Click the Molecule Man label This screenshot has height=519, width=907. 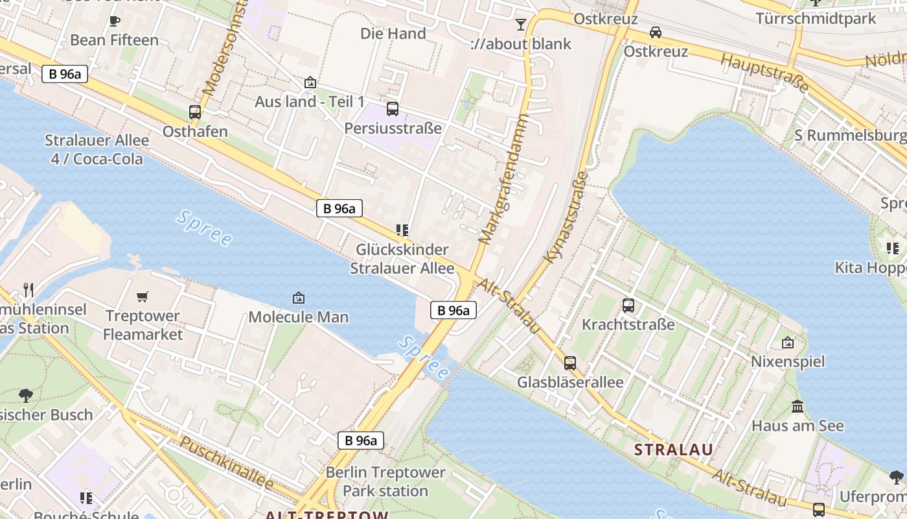point(299,317)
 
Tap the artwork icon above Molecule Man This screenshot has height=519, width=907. point(299,298)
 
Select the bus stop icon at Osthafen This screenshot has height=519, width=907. point(195,112)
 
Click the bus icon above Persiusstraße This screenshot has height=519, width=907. point(393,108)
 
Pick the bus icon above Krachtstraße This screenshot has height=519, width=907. point(628,305)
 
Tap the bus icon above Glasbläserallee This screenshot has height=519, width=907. point(570,363)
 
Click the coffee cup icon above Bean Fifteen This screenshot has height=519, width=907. point(115,21)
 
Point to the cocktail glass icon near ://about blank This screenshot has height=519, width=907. point(521,25)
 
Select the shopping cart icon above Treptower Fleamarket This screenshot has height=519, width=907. point(143,297)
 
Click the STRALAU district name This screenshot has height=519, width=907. point(674,450)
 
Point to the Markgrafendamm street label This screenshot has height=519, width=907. point(503,178)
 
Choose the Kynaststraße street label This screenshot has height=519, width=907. point(566,217)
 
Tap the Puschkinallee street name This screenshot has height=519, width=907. point(226,463)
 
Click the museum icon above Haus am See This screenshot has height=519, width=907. point(798,407)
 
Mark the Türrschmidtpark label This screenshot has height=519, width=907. point(815,18)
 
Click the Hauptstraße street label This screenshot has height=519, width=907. point(765,73)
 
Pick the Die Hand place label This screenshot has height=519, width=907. point(393,34)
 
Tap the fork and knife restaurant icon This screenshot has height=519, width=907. point(28,289)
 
